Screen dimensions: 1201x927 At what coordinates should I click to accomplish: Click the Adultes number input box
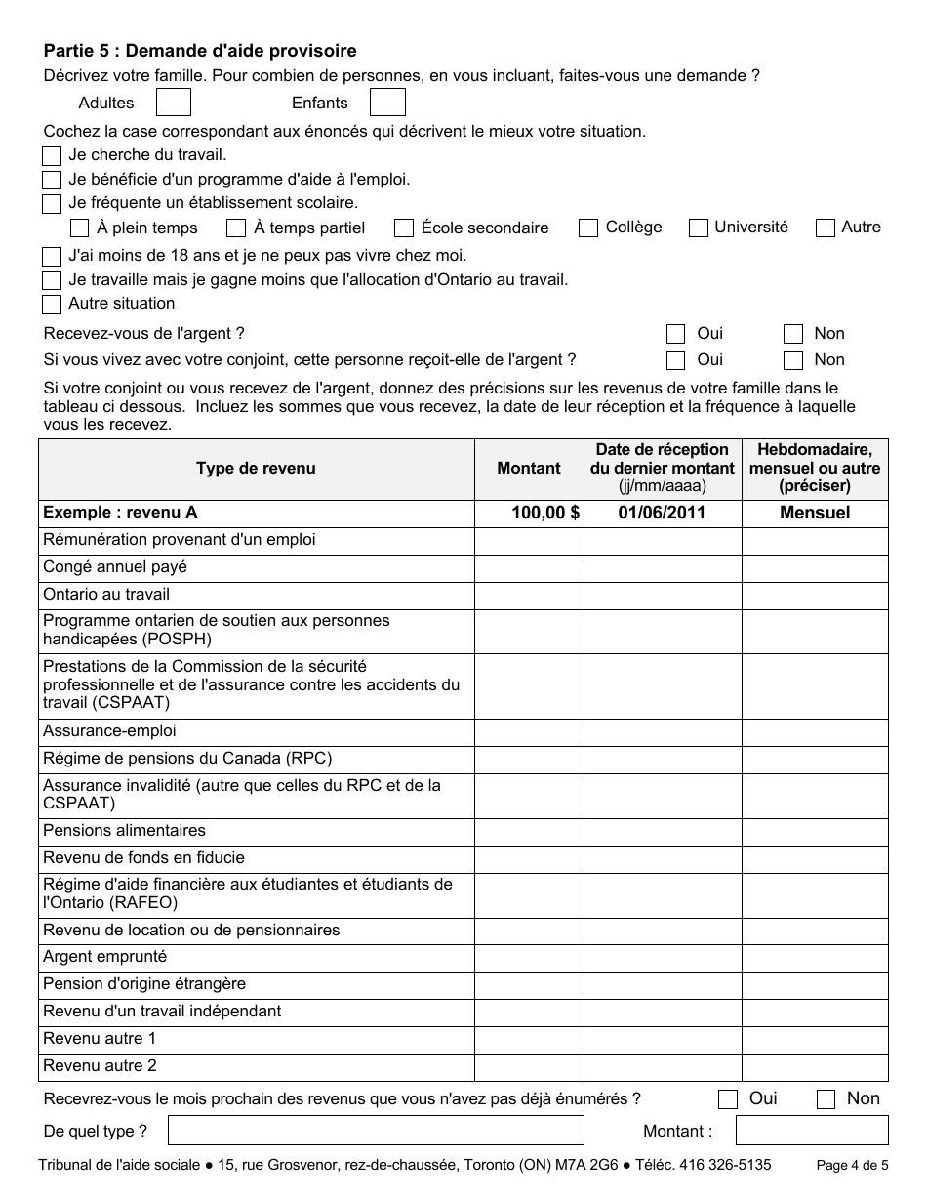[x=174, y=103]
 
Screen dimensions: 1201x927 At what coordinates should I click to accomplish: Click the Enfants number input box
[x=387, y=103]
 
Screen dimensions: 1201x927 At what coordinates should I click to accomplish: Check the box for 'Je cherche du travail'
[x=52, y=155]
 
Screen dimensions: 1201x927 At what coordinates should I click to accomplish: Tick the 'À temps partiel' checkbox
[x=236, y=228]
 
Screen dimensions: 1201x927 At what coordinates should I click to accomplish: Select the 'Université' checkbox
[x=699, y=228]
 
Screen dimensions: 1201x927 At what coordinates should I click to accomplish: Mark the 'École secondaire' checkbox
[x=404, y=228]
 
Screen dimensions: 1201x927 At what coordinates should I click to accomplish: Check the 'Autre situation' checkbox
[x=52, y=305]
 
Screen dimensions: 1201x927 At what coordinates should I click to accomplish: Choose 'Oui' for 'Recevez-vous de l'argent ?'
[x=675, y=334]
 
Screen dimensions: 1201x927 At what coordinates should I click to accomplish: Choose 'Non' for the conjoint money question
[x=793, y=360]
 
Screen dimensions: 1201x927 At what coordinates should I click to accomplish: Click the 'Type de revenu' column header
[x=256, y=469]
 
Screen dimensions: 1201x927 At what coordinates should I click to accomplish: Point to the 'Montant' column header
[x=529, y=469]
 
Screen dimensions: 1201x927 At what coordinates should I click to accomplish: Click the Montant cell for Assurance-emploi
[x=529, y=732]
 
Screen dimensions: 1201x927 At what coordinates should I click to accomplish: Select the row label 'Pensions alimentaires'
[x=124, y=831]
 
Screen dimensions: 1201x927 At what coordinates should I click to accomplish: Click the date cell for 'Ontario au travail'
[x=663, y=595]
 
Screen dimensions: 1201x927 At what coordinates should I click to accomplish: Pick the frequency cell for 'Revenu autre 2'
[x=815, y=1067]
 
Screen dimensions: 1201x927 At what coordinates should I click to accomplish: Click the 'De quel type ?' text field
[x=376, y=1131]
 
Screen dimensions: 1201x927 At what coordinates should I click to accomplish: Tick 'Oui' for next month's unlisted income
[x=728, y=1099]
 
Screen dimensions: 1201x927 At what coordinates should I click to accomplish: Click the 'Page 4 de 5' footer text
[x=852, y=1165]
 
